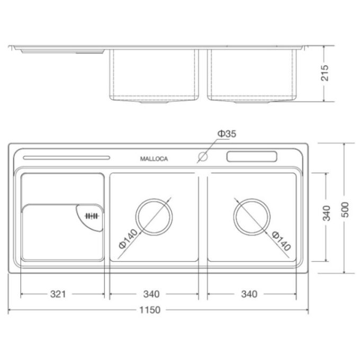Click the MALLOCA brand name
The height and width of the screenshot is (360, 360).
[154, 159]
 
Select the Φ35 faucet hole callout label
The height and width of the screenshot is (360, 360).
[227, 133]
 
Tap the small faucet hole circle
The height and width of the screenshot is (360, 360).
[203, 157]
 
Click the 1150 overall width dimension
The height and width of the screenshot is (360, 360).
[150, 310]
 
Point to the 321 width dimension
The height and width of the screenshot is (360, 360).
[58, 294]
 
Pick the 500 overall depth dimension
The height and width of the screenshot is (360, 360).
[345, 210]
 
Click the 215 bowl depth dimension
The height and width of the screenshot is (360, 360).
[325, 73]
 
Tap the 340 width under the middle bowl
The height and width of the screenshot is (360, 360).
[151, 294]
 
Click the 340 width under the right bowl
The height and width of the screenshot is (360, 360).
[249, 294]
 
